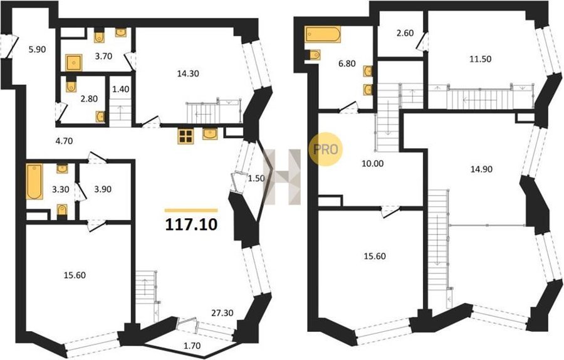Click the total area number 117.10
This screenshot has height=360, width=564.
[x=191, y=225]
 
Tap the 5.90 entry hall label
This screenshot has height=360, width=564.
[x=37, y=50]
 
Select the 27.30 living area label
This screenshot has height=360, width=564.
[x=222, y=313]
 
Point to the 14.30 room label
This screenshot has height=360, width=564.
[x=188, y=74]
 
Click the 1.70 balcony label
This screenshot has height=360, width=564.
[x=192, y=346]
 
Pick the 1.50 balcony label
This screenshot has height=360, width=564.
[x=256, y=178]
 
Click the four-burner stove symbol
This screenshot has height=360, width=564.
[x=185, y=136]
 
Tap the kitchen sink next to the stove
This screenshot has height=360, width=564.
[x=210, y=134]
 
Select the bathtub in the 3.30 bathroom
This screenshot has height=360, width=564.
[x=34, y=181]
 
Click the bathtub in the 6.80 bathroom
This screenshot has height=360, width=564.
[x=323, y=34]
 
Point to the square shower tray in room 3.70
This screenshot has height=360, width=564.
[x=74, y=63]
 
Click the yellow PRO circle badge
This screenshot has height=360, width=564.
[x=325, y=149]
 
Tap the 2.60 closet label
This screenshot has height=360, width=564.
[x=405, y=33]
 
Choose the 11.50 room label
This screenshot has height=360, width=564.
[x=481, y=59]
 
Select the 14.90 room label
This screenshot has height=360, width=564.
[x=482, y=169]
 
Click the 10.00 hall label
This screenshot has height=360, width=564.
[x=373, y=164]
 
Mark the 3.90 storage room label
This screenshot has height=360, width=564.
[x=103, y=189]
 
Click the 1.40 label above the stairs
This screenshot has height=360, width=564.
[x=121, y=89]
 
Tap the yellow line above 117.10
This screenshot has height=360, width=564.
[x=191, y=211]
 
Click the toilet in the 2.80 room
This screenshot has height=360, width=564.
[x=71, y=86]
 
